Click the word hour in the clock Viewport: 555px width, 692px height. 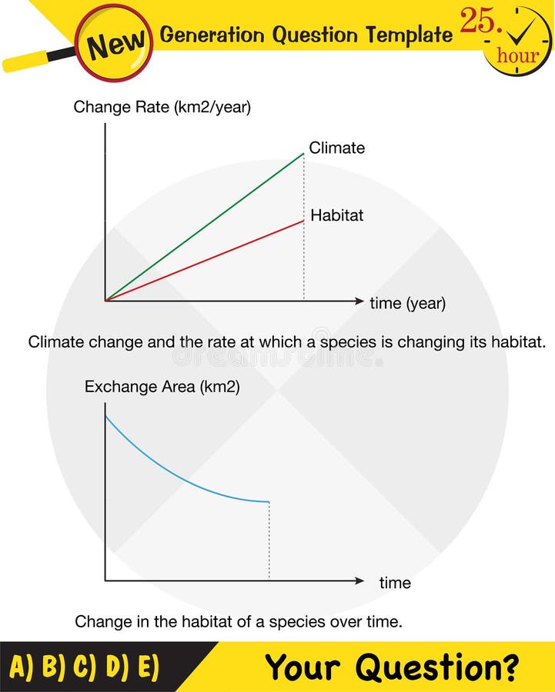pos(517,55)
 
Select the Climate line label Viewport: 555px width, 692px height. pos(336,148)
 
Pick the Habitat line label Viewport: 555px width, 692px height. pos(336,215)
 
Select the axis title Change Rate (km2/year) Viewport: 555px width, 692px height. pos(162,108)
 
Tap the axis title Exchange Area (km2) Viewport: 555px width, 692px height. pos(162,388)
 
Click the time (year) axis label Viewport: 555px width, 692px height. pos(407,303)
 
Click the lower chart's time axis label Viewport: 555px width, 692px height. pos(395,583)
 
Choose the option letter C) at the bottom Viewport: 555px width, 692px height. pos(86,667)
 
